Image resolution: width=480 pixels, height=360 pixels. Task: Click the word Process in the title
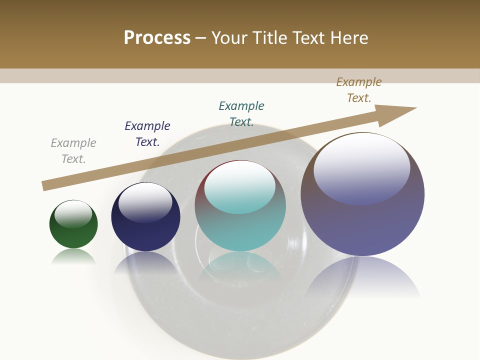point(157,37)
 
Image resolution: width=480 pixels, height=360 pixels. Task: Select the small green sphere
point(73,230)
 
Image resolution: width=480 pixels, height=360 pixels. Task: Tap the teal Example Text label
point(241,114)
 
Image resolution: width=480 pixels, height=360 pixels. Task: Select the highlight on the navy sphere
point(145,200)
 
